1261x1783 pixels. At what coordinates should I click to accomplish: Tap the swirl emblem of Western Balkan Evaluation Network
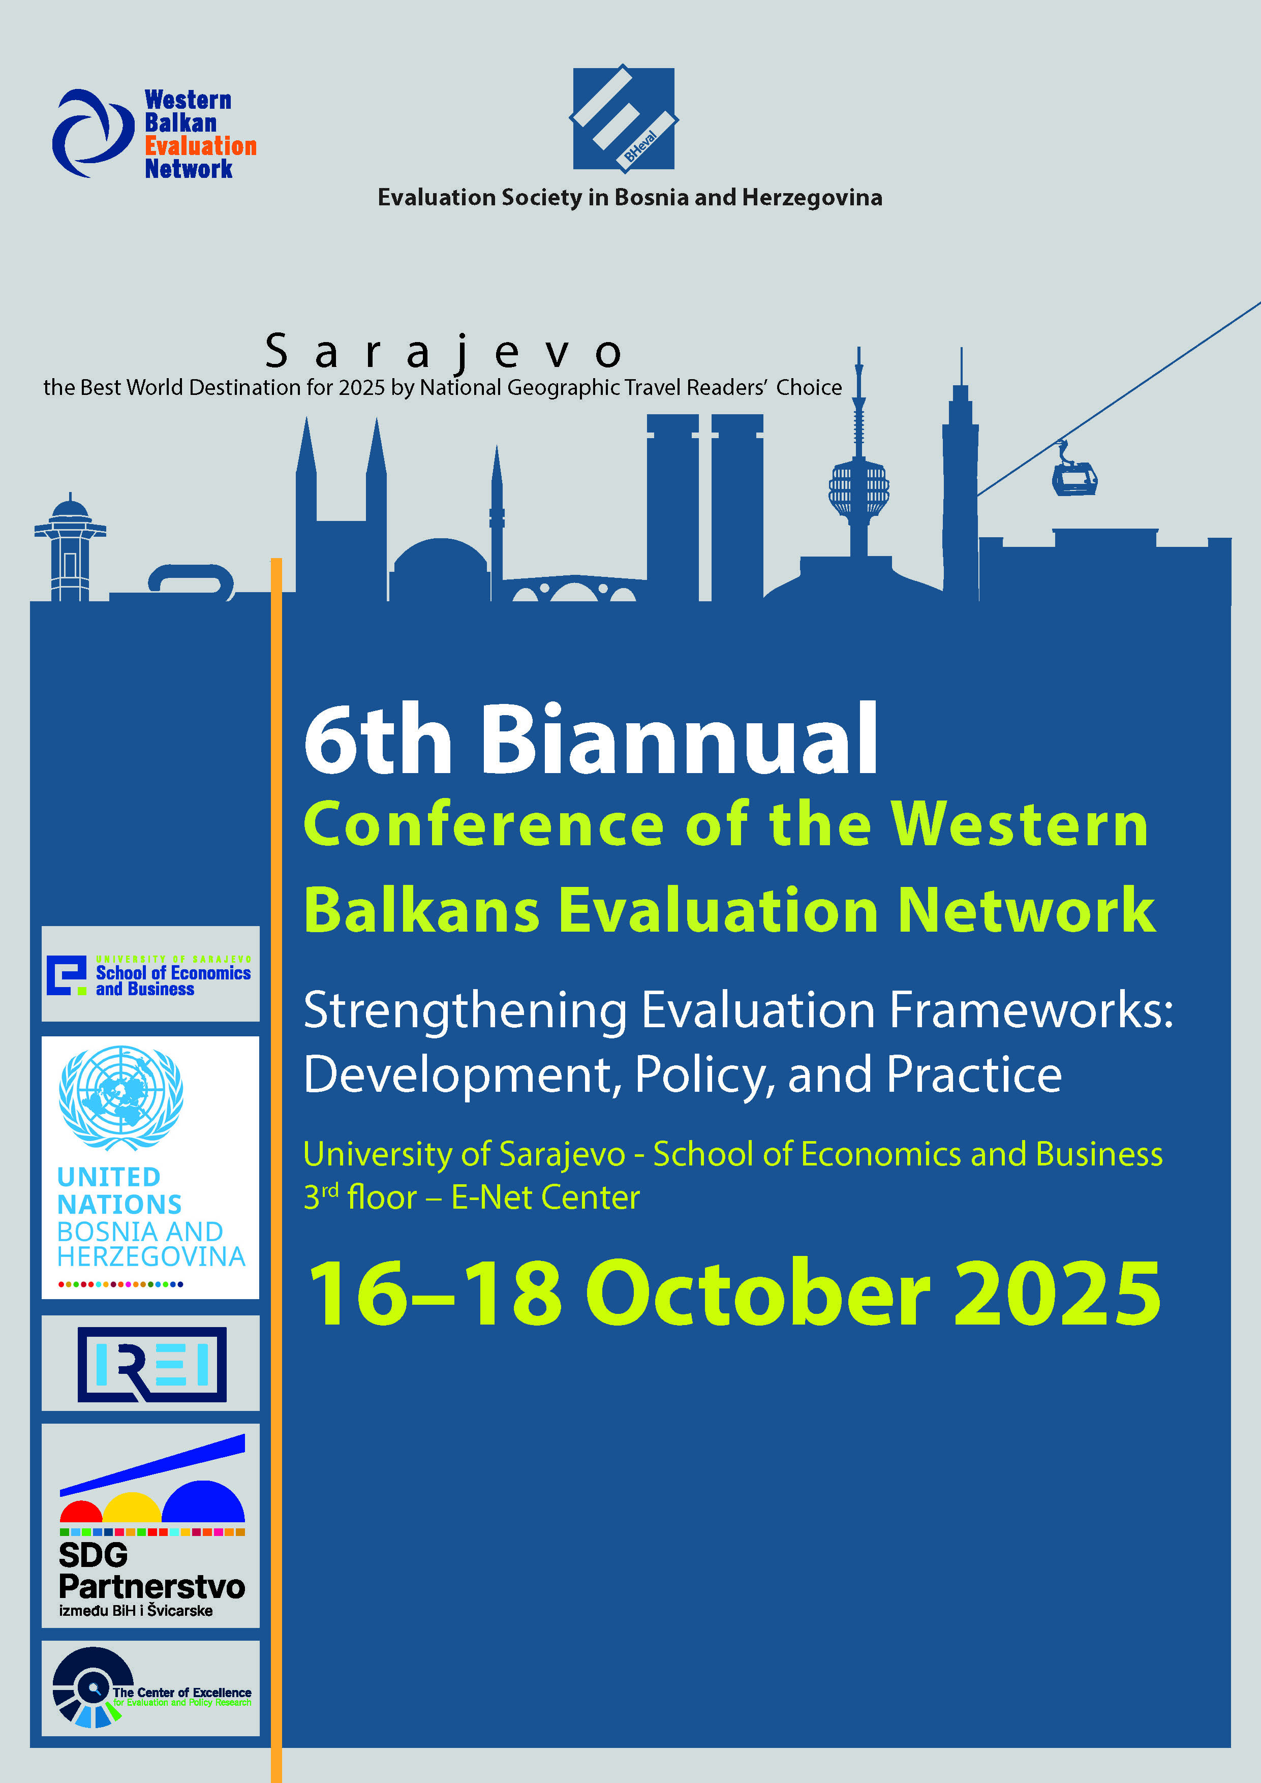point(93,133)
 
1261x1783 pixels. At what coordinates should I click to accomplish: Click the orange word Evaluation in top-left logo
point(200,146)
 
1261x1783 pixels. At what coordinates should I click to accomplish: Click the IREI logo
point(152,1364)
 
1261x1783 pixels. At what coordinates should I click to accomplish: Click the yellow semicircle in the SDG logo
point(132,1508)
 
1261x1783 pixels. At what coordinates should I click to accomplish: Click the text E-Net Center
point(546,1197)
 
